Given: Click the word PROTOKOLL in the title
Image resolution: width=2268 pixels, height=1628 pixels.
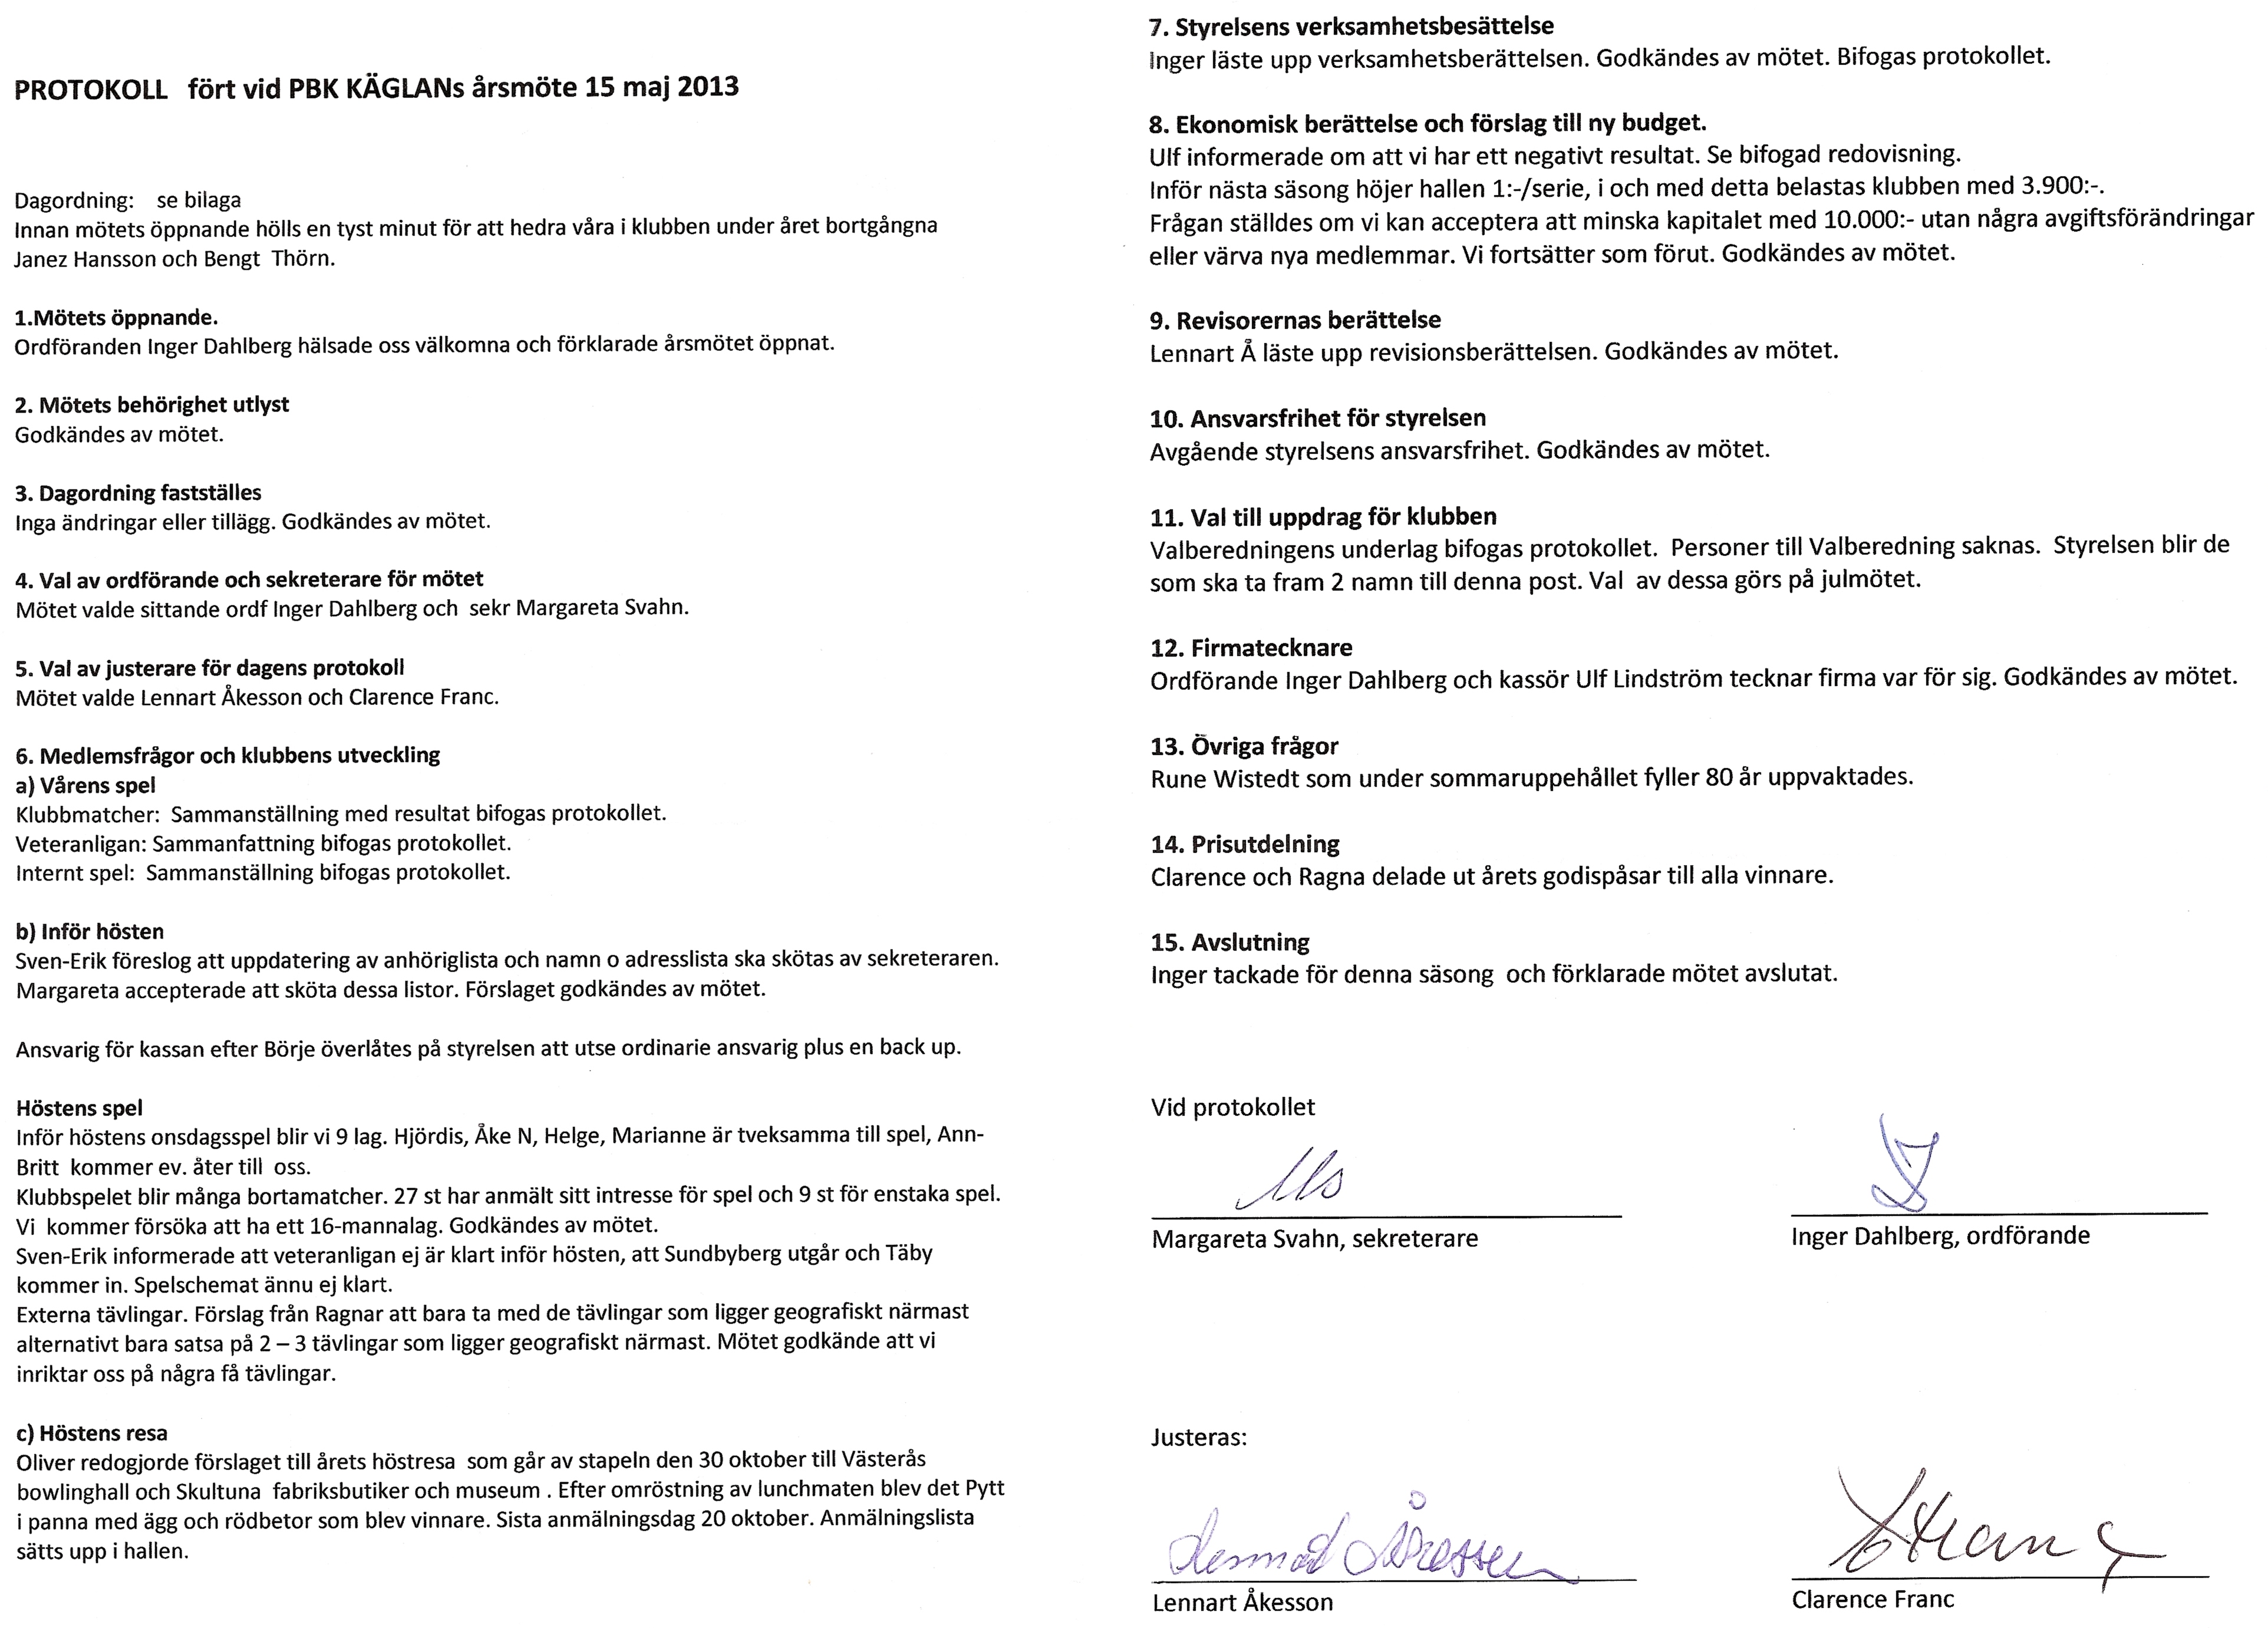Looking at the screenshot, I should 91,90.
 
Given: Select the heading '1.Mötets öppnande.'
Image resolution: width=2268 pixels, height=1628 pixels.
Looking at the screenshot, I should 116,318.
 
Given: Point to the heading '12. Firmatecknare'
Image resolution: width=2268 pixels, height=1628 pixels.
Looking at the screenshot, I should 1251,648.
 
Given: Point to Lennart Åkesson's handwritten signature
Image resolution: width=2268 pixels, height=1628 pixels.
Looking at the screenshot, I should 1360,1545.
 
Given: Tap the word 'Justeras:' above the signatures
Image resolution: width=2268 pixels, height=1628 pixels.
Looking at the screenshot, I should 1198,1438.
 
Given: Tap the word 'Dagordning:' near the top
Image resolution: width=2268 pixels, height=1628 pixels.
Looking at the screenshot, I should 73,200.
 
